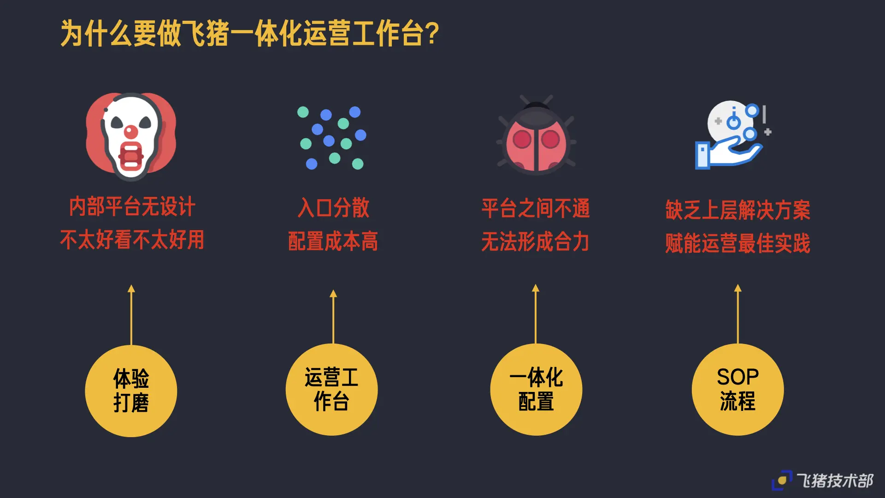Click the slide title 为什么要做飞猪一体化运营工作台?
tap(249, 33)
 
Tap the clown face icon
tap(131, 136)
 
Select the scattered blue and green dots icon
tap(332, 137)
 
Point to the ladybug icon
tap(536, 136)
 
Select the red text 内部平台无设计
tap(132, 207)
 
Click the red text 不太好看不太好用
tap(132, 240)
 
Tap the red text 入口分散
tap(333, 207)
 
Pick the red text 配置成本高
tap(333, 241)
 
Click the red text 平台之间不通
tap(536, 208)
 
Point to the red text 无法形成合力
tap(535, 242)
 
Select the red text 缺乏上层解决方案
tap(737, 210)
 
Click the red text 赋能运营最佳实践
tap(737, 243)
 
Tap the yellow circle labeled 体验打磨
tap(131, 391)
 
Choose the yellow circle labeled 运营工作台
tap(332, 390)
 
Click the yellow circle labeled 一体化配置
tap(536, 390)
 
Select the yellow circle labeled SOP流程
tap(737, 390)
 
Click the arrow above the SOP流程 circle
tap(738, 314)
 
